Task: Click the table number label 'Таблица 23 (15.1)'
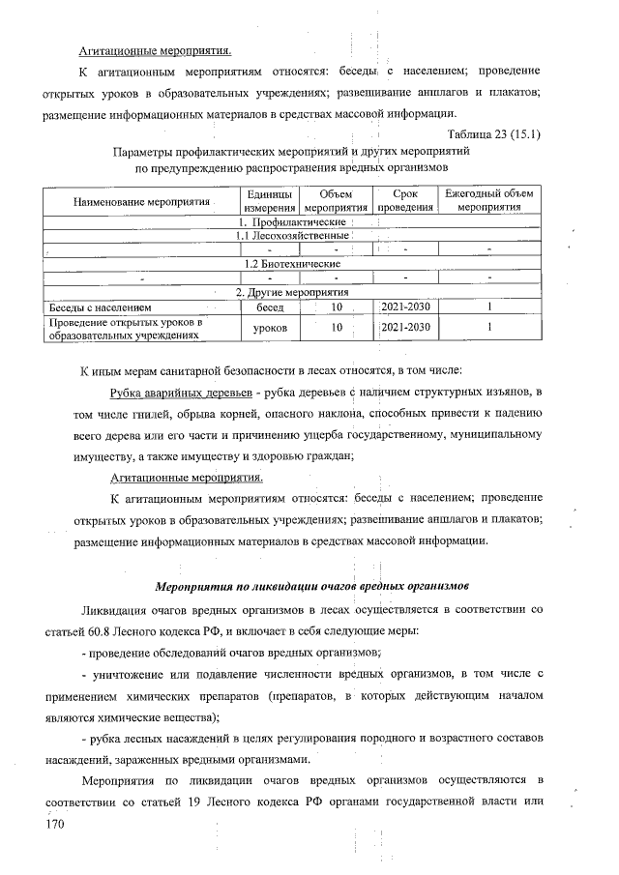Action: [493, 134]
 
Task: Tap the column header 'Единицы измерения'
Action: [269, 202]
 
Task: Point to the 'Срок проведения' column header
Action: [405, 202]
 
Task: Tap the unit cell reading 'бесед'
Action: [269, 306]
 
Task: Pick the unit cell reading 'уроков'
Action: [269, 328]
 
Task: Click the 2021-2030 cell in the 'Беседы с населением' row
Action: [405, 306]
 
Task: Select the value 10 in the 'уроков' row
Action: [337, 328]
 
